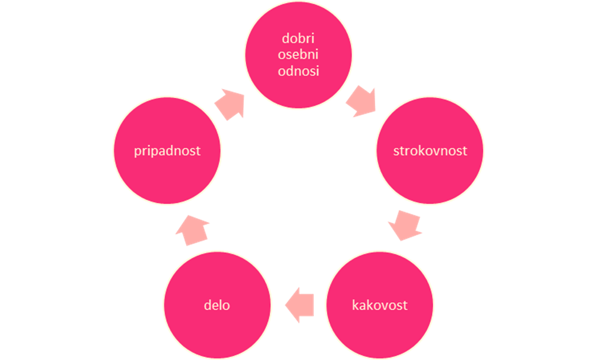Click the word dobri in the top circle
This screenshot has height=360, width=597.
pos(298,38)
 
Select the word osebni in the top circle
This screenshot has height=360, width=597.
pos(298,54)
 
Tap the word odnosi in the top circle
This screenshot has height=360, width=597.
pos(298,71)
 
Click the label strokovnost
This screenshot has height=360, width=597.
pos(430,151)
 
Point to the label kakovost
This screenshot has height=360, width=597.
pos(380,305)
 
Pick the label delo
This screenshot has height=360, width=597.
pos(217,305)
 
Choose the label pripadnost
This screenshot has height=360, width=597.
pos(167,151)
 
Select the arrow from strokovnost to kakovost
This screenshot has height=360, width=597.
pos(405,225)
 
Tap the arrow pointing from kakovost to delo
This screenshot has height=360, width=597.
pos(299,305)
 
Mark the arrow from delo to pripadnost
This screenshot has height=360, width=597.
pos(192,230)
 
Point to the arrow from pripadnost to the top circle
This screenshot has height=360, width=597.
pos(230,105)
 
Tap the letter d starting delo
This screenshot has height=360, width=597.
pos(207,305)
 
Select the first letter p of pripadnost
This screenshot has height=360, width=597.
pos(138,153)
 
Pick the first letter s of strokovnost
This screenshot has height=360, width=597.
pos(396,152)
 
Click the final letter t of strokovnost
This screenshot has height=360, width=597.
pos(464,151)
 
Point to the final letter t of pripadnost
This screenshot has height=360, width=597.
pos(198,151)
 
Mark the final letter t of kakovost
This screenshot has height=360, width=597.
pos(405,306)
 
